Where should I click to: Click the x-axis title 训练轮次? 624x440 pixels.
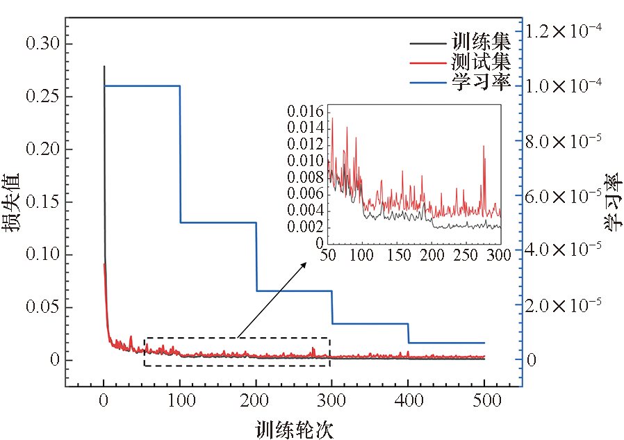pyautogui.click(x=294, y=429)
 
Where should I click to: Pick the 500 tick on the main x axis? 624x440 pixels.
pyautogui.click(x=484, y=401)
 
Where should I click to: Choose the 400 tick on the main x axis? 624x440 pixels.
pyautogui.click(x=408, y=401)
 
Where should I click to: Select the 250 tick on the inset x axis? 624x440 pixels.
pyautogui.click(x=465, y=255)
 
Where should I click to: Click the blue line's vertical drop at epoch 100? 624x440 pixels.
pyautogui.click(x=180, y=153)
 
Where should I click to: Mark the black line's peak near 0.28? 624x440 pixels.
pyautogui.click(x=104, y=67)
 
